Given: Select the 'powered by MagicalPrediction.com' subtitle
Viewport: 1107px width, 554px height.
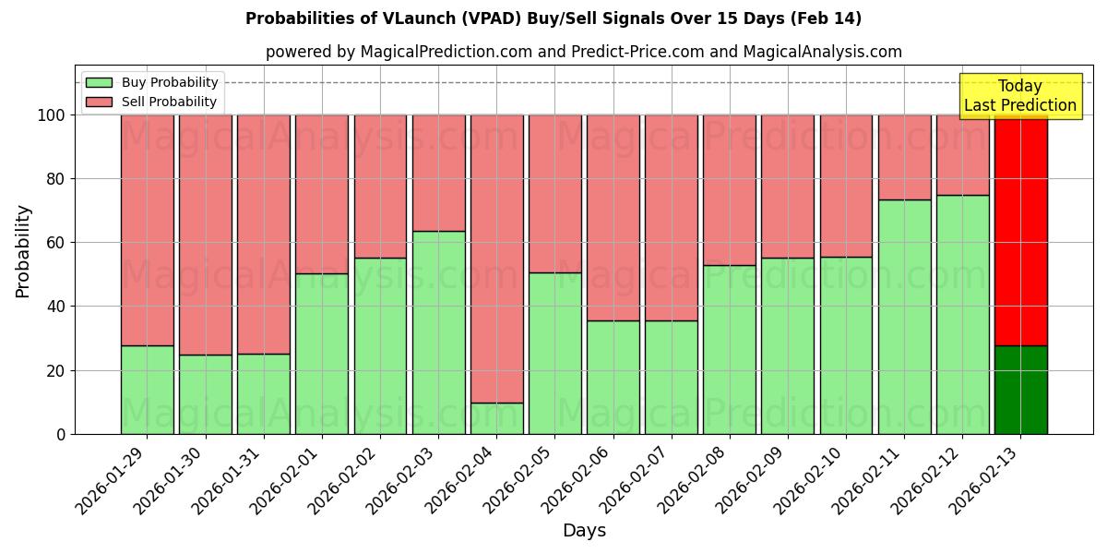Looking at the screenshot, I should click(x=583, y=52).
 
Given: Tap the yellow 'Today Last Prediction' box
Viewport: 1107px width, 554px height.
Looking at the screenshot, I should click(x=1019, y=96).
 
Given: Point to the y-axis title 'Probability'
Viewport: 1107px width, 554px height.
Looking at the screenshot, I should click(x=23, y=251).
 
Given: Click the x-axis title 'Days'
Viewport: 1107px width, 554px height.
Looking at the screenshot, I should click(x=584, y=531).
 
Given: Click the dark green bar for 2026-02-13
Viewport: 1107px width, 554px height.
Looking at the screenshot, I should click(x=1020, y=390).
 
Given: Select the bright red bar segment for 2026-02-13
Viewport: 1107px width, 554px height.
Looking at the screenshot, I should click(x=1020, y=231).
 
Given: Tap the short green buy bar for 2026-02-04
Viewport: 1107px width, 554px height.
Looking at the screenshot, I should click(x=496, y=418).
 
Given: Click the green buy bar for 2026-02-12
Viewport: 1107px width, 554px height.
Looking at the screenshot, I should click(x=962, y=314).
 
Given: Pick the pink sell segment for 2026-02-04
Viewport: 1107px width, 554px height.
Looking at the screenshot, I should click(x=496, y=259).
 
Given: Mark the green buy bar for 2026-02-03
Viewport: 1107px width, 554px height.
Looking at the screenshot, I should click(x=438, y=332).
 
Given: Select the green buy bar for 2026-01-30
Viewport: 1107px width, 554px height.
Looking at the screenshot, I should click(x=205, y=394).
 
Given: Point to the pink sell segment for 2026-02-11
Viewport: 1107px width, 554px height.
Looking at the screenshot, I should click(x=904, y=157).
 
